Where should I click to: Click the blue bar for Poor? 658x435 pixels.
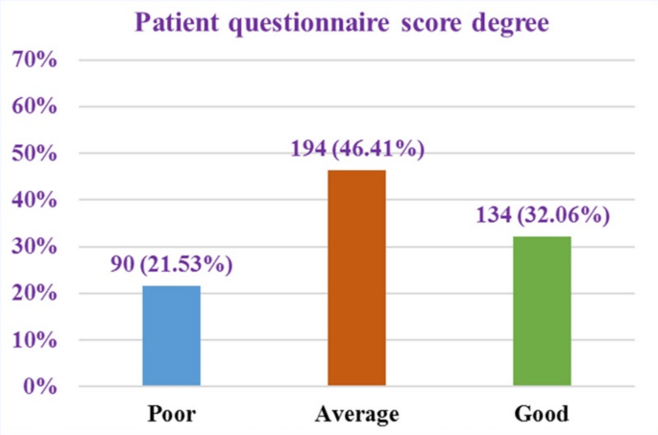coord(171,336)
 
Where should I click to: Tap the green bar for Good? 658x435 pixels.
coord(542,311)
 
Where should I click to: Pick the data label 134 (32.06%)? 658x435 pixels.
coord(542,215)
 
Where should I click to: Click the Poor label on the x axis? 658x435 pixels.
coord(171,415)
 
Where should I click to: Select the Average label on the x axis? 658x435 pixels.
coord(356,415)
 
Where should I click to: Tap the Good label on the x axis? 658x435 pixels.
coord(542,415)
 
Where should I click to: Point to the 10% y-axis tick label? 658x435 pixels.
coord(36,340)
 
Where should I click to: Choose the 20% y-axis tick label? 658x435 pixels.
coord(36,294)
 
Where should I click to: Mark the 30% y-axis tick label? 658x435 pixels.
coord(36,247)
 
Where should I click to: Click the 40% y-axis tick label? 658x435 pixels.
coord(36,201)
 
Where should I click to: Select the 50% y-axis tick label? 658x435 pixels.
coord(36,154)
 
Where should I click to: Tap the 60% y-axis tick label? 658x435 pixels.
coord(36,107)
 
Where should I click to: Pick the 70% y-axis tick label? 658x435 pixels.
coord(36,60)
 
